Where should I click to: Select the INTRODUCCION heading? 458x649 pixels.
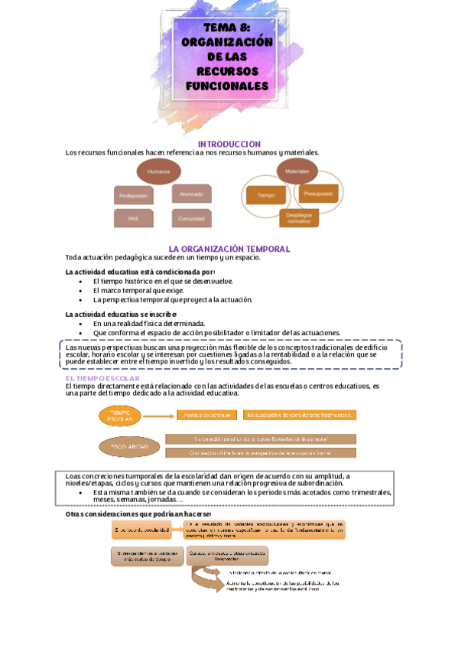click(229, 144)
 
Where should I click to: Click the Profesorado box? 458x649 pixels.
click(134, 196)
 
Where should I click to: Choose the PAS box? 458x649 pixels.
click(134, 219)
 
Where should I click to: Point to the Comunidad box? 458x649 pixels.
click(191, 219)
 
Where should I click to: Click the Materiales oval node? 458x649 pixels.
click(297, 171)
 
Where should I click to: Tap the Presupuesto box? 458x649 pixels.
click(317, 194)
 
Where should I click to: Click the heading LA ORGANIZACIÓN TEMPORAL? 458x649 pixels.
click(229, 249)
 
